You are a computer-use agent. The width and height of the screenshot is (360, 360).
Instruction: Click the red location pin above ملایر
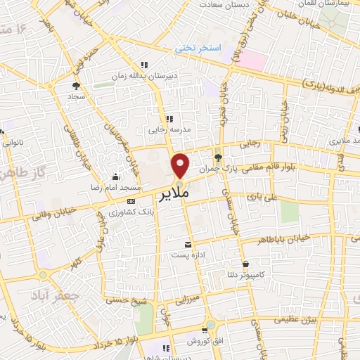tap(181, 165)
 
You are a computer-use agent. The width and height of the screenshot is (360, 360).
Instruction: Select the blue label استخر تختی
tap(199, 49)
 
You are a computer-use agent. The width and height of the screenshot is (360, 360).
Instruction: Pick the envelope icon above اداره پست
tap(186, 243)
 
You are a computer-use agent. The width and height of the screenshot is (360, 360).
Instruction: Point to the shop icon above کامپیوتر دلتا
tap(245, 264)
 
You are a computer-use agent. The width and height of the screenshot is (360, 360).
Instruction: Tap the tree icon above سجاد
tap(75, 86)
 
